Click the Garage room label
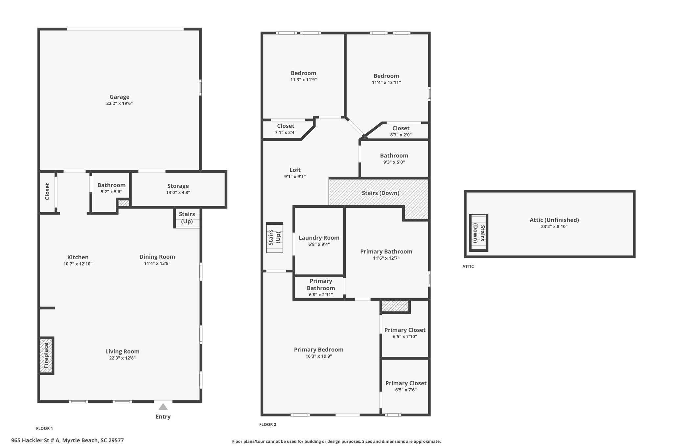click(x=119, y=97)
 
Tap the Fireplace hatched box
click(x=46, y=356)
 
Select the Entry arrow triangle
click(x=163, y=407)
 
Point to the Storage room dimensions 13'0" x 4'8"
click(x=178, y=193)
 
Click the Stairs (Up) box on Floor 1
click(x=187, y=218)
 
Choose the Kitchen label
click(x=78, y=257)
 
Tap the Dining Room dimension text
click(x=157, y=263)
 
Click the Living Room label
click(x=122, y=352)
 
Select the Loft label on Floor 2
click(x=295, y=170)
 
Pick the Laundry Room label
click(x=319, y=238)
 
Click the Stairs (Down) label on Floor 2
click(x=381, y=193)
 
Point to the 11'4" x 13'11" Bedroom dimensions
click(x=386, y=82)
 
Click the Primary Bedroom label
click(x=318, y=350)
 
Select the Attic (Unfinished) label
click(x=554, y=220)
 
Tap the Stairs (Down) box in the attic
click(x=478, y=233)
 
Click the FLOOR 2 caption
click(x=267, y=424)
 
